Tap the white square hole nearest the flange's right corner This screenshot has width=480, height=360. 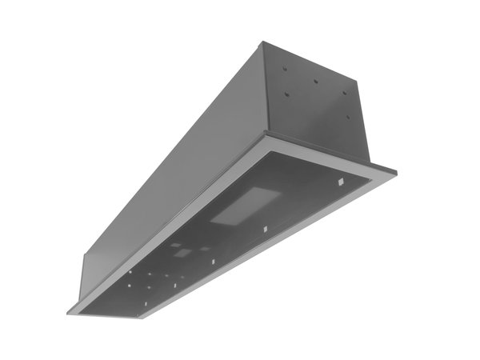[x=341, y=183]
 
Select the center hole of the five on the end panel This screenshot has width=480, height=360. [x=316, y=82]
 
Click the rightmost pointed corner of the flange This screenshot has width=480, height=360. [x=395, y=171]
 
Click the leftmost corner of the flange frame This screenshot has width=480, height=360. [x=68, y=310]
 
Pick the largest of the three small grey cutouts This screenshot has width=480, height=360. [x=183, y=253]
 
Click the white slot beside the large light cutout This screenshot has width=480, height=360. [x=265, y=230]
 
